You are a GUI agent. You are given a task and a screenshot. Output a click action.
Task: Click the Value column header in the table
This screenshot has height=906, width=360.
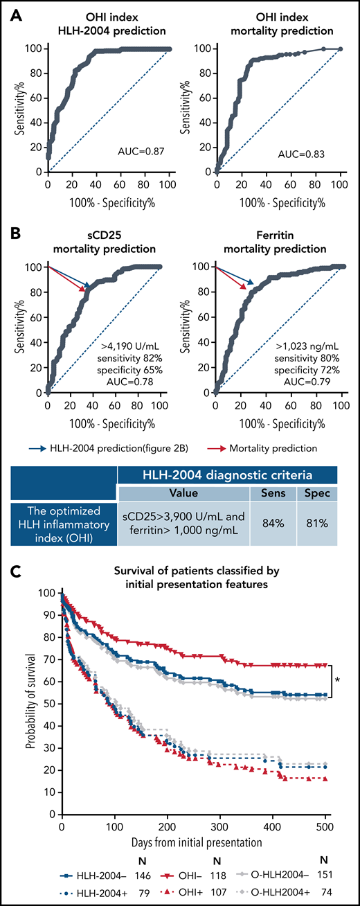(x=183, y=492)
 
